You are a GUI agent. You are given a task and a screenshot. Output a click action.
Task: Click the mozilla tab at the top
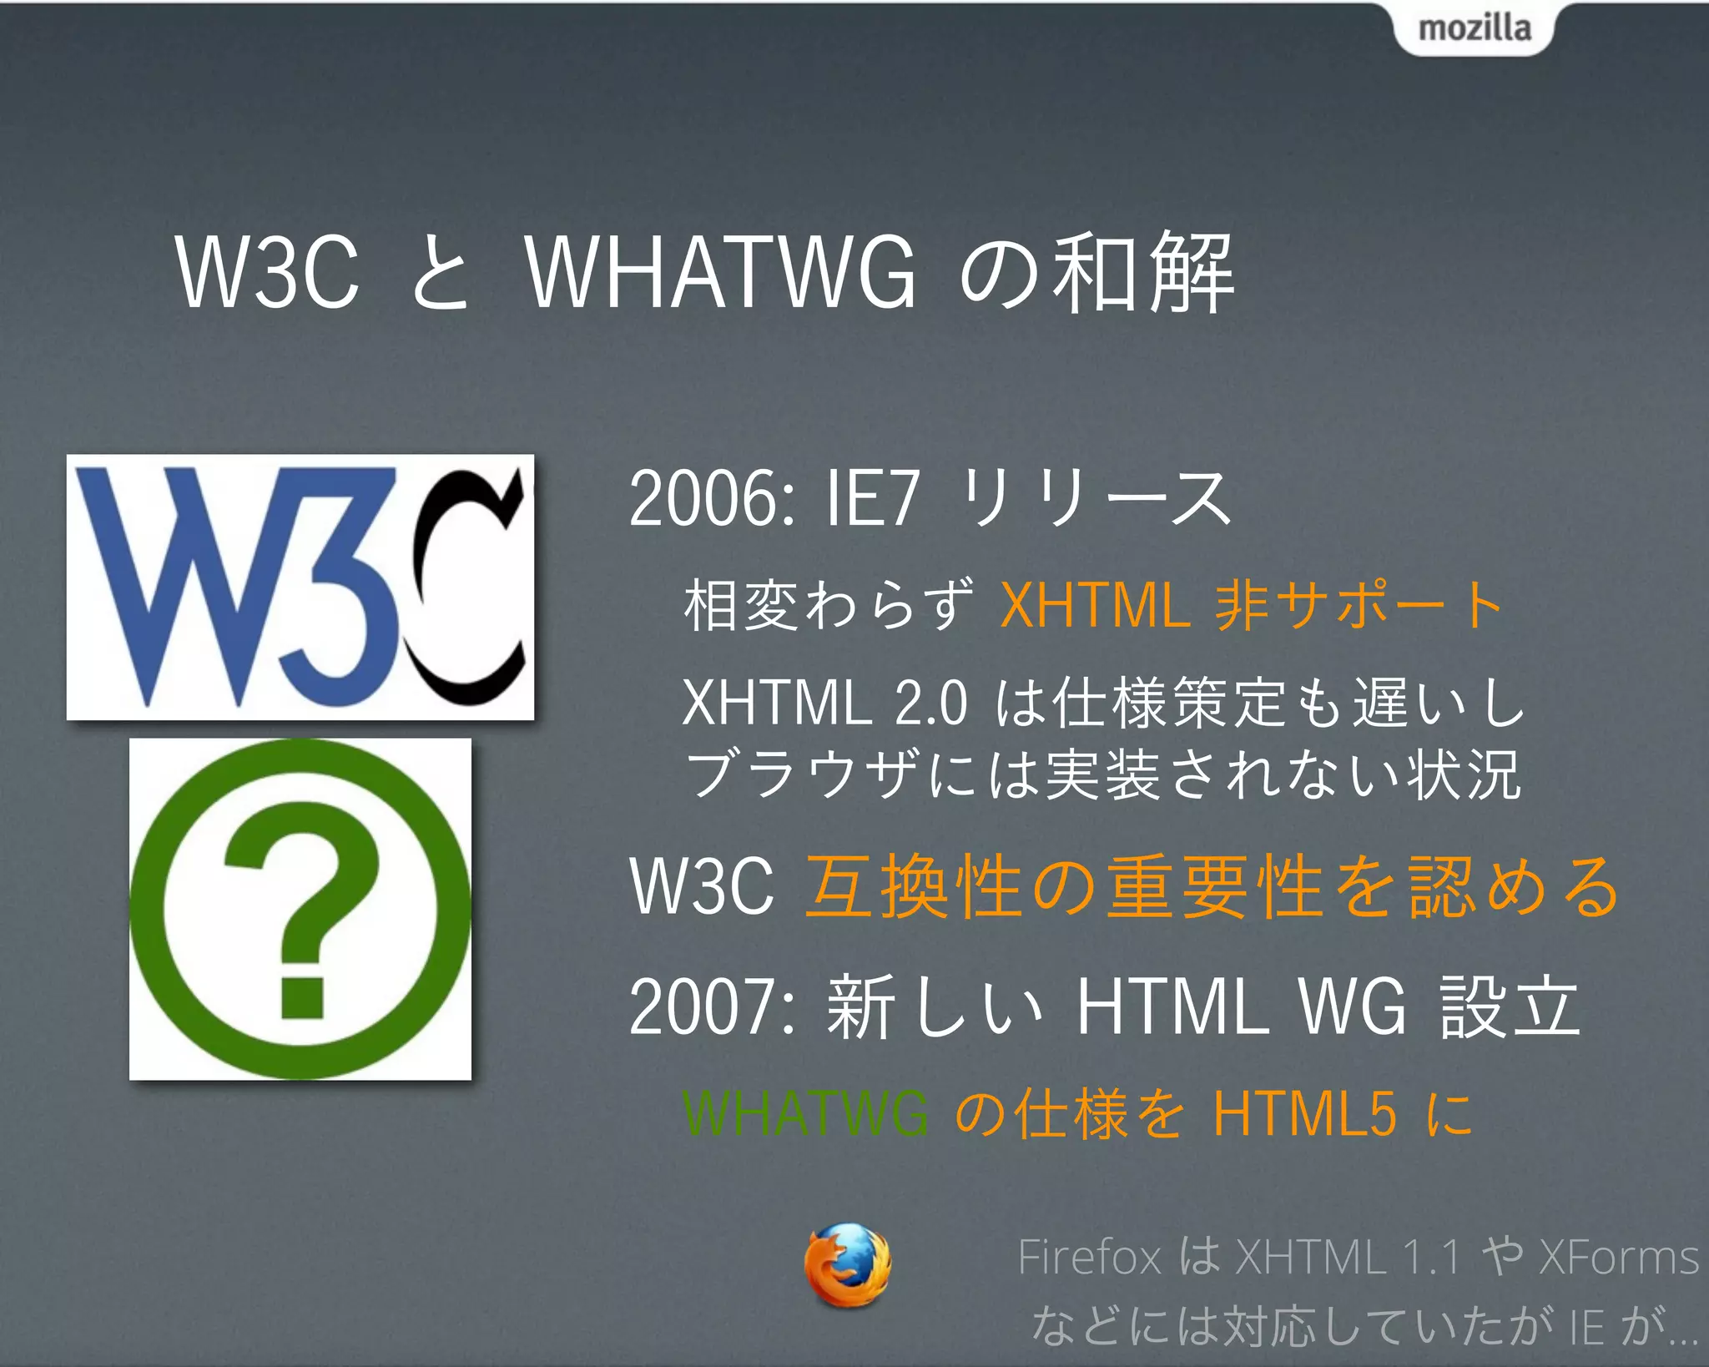point(1474,28)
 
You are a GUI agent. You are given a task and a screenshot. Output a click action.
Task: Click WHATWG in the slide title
point(721,272)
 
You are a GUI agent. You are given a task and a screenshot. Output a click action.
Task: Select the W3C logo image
point(300,587)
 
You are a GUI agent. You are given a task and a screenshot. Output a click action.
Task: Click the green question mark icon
point(300,909)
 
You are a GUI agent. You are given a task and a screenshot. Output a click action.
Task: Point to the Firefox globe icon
point(847,1264)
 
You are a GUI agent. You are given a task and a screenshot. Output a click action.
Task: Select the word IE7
point(872,498)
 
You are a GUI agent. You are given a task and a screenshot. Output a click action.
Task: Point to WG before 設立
point(1352,1007)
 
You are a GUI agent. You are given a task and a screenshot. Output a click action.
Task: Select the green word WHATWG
point(805,1113)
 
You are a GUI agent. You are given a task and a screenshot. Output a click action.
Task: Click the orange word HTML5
point(1304,1113)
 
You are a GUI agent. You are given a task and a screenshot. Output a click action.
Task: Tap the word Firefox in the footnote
point(1089,1257)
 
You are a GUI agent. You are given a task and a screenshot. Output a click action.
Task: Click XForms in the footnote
point(1619,1257)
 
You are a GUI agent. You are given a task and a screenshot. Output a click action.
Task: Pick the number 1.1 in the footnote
point(1430,1257)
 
